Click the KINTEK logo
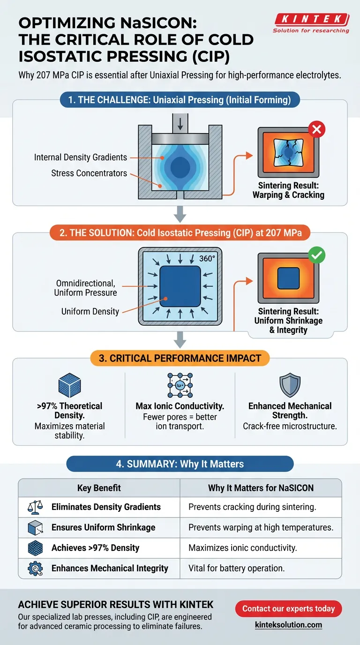[311, 20]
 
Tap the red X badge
[317, 128]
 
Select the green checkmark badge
[317, 255]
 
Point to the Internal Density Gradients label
[81, 157]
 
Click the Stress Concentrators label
[89, 173]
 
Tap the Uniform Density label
[90, 311]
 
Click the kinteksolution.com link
[288, 625]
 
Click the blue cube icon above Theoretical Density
[69, 386]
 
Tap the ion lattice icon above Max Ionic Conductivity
[180, 385]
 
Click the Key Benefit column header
[99, 488]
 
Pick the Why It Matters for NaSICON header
[261, 488]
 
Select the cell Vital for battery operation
[236, 568]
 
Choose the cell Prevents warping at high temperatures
[261, 527]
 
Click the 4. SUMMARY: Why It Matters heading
[180, 464]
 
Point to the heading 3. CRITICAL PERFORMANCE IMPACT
[180, 358]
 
